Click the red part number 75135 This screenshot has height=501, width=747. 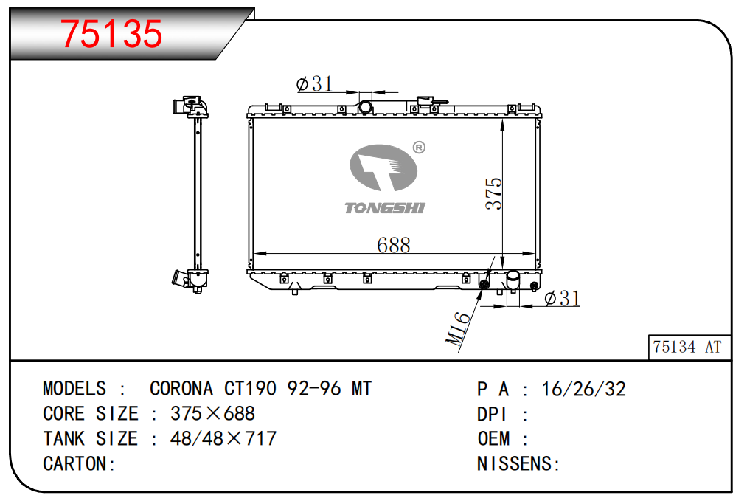[111, 34]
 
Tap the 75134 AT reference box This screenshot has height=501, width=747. [689, 347]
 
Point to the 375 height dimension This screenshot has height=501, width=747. [494, 193]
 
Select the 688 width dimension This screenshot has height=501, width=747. [394, 245]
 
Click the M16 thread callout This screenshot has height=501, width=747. [458, 328]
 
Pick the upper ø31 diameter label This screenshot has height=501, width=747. [314, 84]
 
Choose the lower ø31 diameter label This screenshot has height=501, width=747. [562, 298]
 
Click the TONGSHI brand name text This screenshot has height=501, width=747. [384, 208]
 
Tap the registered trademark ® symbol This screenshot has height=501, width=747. [419, 148]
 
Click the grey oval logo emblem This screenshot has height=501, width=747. [383, 167]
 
